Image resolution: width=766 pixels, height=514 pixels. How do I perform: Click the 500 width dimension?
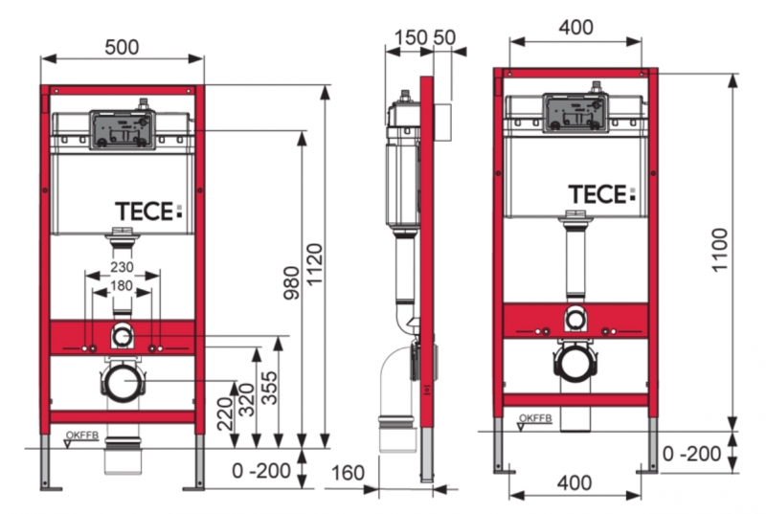pyautogui.click(x=122, y=46)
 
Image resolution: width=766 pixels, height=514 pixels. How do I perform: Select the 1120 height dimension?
pyautogui.click(x=314, y=269)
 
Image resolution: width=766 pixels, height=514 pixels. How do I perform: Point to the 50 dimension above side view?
pyautogui.click(x=444, y=36)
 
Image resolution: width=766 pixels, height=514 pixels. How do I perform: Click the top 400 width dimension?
pyautogui.click(x=574, y=28)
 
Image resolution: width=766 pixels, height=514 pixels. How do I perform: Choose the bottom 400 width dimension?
pyautogui.click(x=574, y=483)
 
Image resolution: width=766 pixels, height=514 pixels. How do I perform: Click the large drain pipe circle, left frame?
pyautogui.click(x=122, y=383)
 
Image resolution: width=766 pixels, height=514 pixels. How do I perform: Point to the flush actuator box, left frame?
pyautogui.click(x=121, y=129)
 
